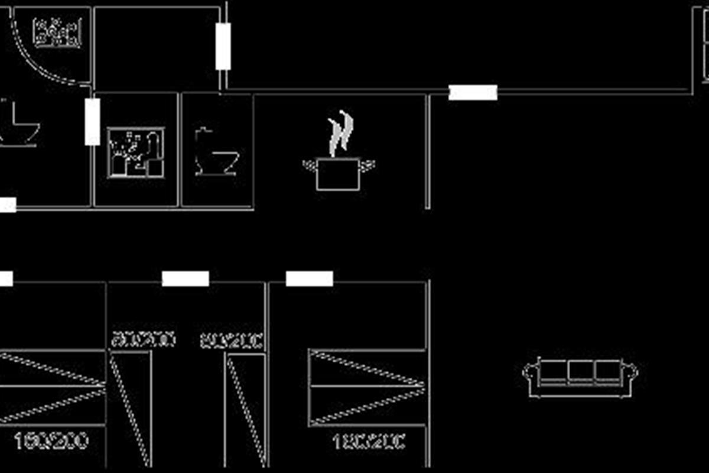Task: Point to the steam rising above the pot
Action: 341,133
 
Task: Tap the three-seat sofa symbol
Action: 580,377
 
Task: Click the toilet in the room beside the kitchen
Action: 216,152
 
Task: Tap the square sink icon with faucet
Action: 136,152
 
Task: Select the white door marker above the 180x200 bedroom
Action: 310,278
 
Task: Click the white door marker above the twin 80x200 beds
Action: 186,278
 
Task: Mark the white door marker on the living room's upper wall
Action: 473,92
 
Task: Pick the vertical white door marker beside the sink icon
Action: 92,122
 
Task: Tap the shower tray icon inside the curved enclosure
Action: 57,33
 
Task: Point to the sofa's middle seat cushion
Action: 580,371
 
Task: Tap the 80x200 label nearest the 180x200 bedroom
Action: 232,341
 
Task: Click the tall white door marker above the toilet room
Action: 223,47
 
